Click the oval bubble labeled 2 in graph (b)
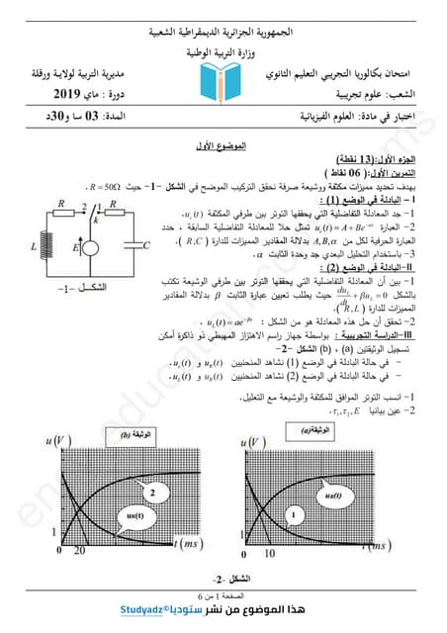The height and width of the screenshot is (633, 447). [x=152, y=492]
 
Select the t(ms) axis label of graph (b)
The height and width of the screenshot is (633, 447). [x=194, y=545]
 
